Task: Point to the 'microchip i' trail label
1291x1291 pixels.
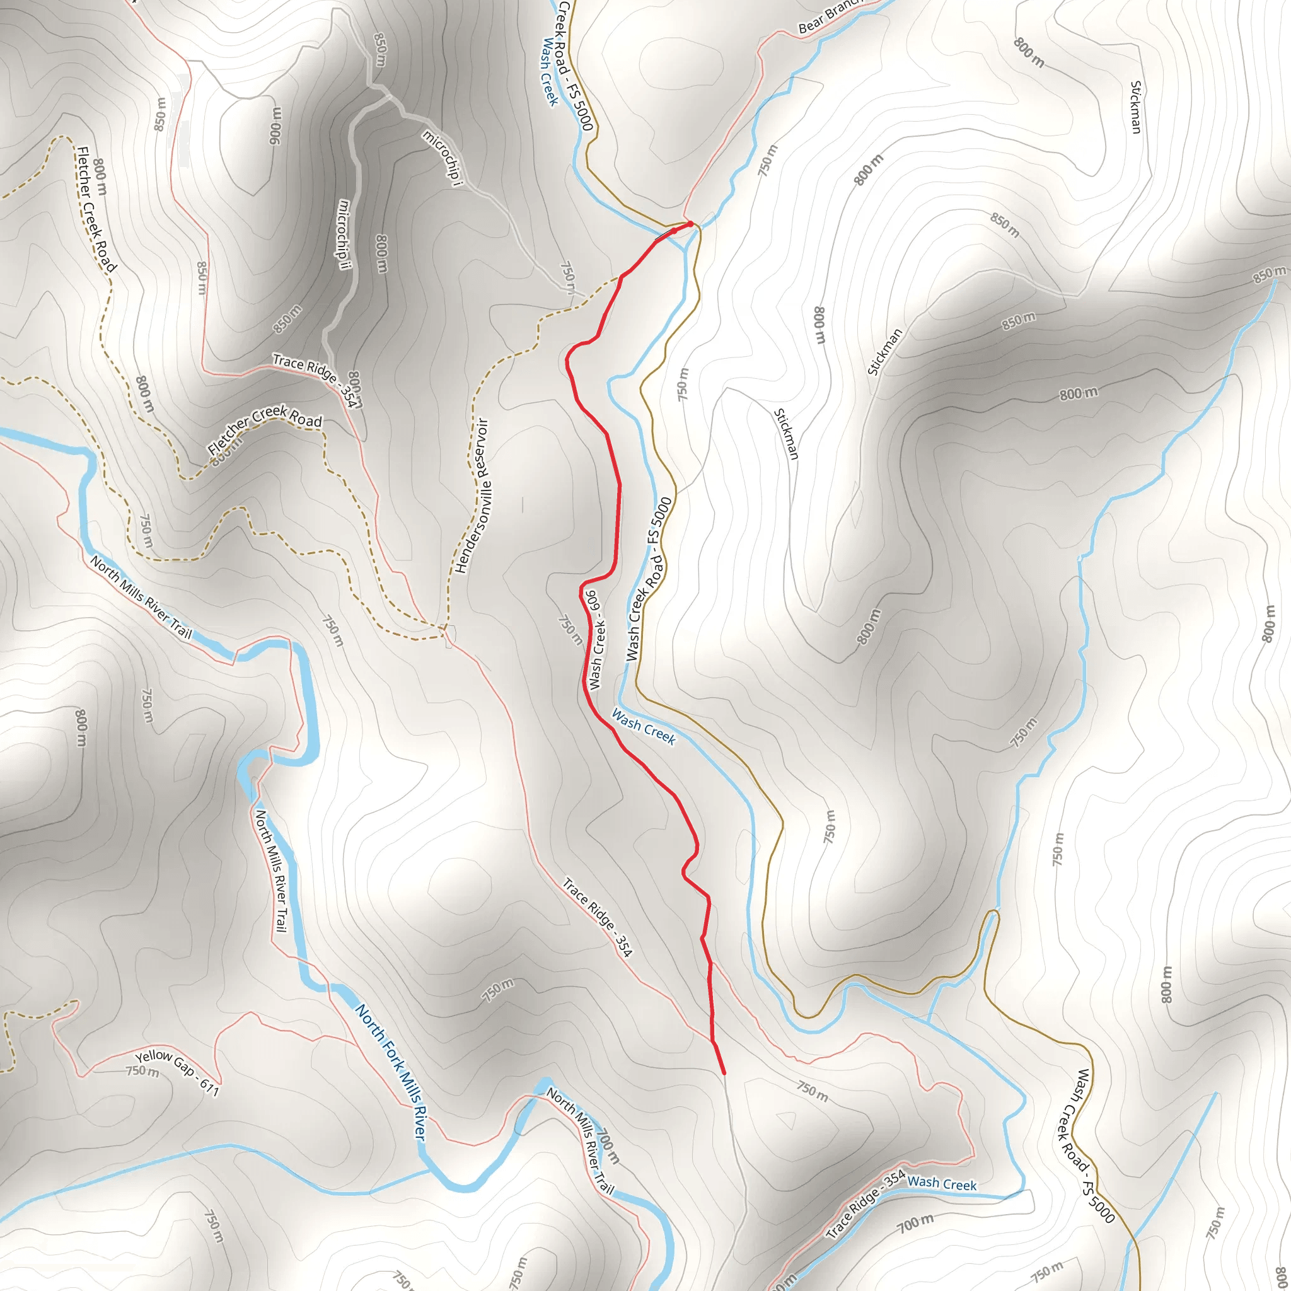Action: coord(443,158)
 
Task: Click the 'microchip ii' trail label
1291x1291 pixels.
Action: coord(344,234)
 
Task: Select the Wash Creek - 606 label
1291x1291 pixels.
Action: coord(594,639)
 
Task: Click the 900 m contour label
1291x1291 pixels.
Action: coord(275,125)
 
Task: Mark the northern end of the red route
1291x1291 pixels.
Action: coord(690,223)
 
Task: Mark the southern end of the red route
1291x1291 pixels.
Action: coord(724,1073)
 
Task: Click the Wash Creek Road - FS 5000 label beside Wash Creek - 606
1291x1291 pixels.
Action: coord(648,579)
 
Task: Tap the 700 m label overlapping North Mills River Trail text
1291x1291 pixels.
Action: coord(608,1145)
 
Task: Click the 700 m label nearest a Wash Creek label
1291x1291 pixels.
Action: coord(915,1223)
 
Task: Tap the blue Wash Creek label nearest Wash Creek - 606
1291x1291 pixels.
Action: coord(644,727)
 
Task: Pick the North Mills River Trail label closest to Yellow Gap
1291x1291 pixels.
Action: coord(271,871)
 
